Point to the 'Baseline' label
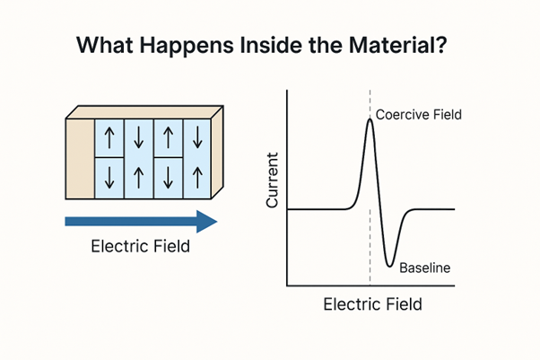point(423,268)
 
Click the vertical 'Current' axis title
point(273,180)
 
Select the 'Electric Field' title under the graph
point(372,304)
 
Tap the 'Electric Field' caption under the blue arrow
point(141,247)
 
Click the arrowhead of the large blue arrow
point(206,222)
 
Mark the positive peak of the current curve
point(370,120)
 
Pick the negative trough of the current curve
point(389,265)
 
